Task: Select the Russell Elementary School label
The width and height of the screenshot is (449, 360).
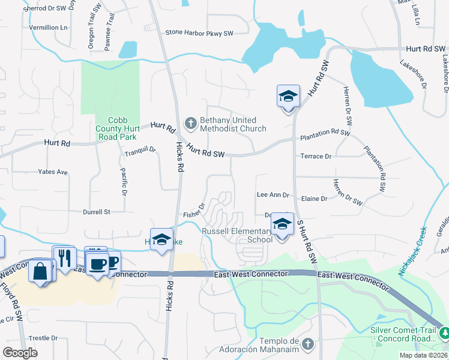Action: coord(237,235)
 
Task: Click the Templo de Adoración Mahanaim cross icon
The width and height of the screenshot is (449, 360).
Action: coord(308,344)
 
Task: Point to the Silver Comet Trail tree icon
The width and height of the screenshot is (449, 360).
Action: coord(444,333)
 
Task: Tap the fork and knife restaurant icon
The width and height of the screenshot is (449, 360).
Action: coord(64,258)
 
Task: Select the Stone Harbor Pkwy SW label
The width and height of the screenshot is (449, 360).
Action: coord(199,33)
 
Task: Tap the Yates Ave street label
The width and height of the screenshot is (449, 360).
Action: coord(53,172)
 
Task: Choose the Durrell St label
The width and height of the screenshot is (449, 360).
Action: coord(97,212)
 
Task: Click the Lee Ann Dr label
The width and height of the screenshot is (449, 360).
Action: coord(273,195)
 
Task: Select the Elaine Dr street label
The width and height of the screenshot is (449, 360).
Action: coord(315,199)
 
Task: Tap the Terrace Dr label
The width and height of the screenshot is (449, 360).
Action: coord(316,157)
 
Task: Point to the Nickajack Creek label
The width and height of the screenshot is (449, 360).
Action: coord(412,251)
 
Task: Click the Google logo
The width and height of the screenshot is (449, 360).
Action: coord(20,353)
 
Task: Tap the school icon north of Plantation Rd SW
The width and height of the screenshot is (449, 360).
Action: coord(288,96)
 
